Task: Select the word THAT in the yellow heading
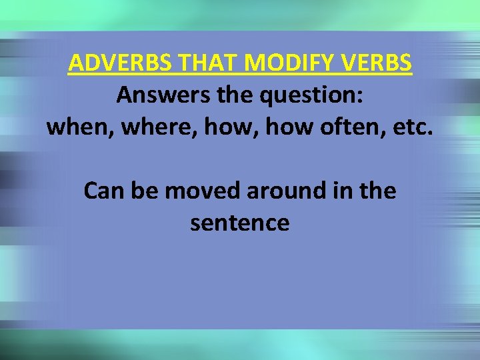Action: pyautogui.click(x=200, y=64)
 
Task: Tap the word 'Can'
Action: pyautogui.click(x=103, y=192)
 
